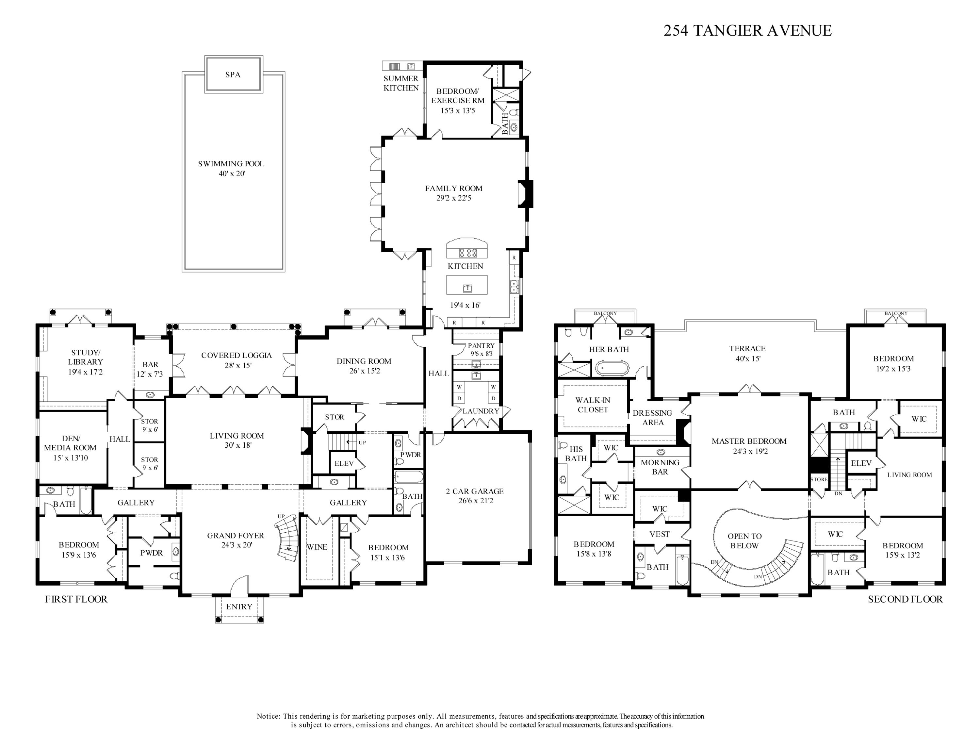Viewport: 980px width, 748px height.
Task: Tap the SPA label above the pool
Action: click(x=233, y=75)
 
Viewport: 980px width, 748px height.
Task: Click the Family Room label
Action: click(x=453, y=188)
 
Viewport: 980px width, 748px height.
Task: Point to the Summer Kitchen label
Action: click(x=401, y=83)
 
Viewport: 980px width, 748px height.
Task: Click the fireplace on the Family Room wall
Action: click(x=526, y=194)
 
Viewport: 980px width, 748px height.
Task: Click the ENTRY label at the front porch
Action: click(x=239, y=607)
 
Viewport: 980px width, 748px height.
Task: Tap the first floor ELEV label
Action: click(x=344, y=463)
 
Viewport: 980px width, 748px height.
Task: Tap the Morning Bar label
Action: click(x=660, y=467)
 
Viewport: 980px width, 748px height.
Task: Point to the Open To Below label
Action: click(x=744, y=541)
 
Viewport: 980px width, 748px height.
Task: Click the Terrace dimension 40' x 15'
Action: click(x=747, y=359)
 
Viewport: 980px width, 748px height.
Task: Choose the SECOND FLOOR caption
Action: click(x=905, y=599)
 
